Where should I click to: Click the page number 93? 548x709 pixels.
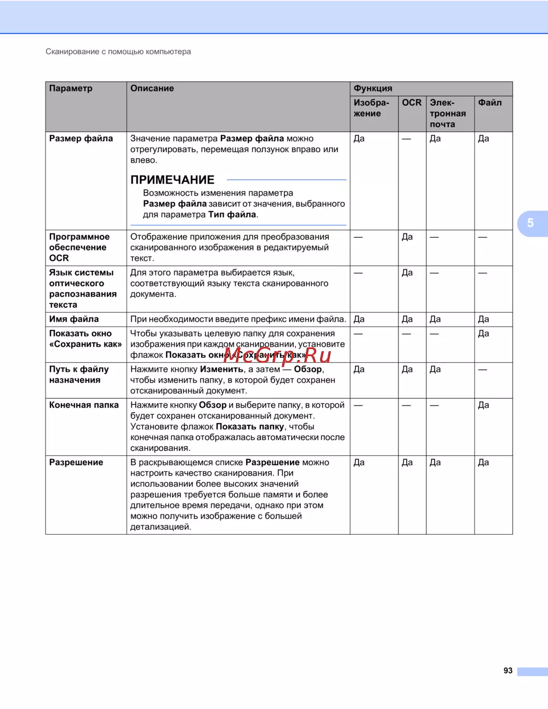click(x=508, y=671)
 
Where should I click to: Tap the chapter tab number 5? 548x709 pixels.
click(x=530, y=223)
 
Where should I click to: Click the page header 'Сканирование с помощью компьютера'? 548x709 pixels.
click(x=118, y=52)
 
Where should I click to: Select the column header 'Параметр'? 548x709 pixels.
click(x=71, y=88)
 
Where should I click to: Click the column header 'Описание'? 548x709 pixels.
click(x=152, y=88)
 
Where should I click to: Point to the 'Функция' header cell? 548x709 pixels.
click(x=373, y=88)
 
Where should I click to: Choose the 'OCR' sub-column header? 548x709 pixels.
click(x=412, y=102)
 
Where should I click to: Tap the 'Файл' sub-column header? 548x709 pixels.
click(x=489, y=102)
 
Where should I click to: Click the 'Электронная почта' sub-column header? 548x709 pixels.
click(x=447, y=113)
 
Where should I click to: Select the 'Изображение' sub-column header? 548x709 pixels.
click(x=371, y=108)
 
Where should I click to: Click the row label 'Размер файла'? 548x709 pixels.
click(x=81, y=139)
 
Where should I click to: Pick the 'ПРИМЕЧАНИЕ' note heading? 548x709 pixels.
click(x=172, y=180)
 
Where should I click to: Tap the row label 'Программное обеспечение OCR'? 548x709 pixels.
click(x=79, y=247)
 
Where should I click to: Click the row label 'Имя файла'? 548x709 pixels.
click(x=74, y=319)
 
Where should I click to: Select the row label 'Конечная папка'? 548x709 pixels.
click(x=84, y=405)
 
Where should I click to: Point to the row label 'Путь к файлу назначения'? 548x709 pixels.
click(x=79, y=374)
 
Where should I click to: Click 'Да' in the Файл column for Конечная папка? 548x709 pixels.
click(x=483, y=405)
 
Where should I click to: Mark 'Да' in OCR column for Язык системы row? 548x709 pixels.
click(x=407, y=272)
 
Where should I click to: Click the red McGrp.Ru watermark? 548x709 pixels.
click(x=277, y=355)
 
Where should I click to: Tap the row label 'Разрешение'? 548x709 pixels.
click(x=76, y=462)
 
